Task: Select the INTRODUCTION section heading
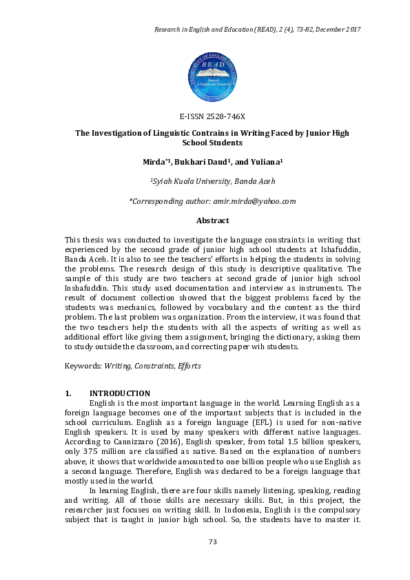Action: point(120,393)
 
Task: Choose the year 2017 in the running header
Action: point(353,30)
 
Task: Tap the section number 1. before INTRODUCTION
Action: point(68,393)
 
